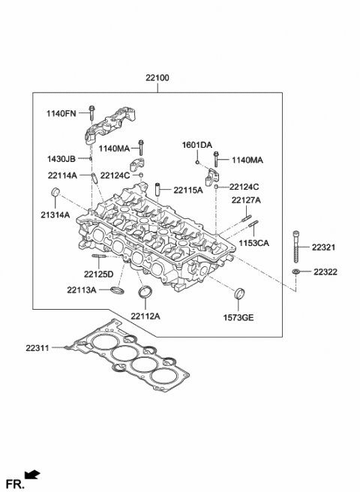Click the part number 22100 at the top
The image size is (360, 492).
point(157,78)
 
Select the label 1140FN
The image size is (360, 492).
point(61,113)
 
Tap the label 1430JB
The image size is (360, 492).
point(61,159)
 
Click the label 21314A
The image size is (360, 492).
point(54,214)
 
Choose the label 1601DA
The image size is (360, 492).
point(197,144)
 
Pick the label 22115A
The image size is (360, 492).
point(187,190)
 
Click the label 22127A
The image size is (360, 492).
point(245,200)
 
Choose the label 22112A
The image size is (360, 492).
point(146,316)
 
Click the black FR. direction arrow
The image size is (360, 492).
point(32,473)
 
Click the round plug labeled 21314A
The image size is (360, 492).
point(55,196)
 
